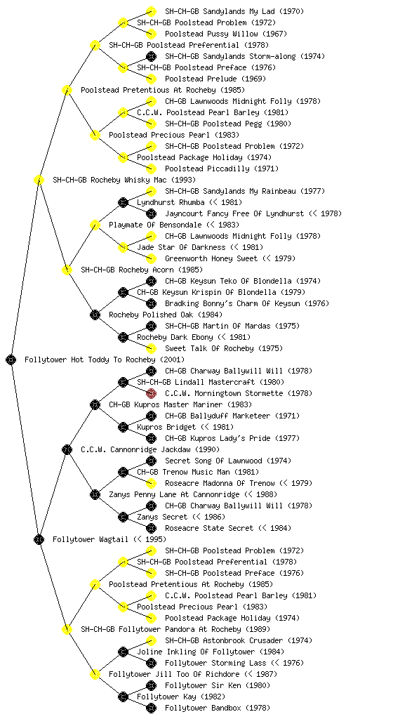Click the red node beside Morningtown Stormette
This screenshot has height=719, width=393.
click(151, 393)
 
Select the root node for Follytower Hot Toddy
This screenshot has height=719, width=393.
click(11, 359)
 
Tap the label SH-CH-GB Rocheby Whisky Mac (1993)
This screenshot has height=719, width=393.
click(124, 180)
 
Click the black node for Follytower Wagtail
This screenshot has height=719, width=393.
click(39, 539)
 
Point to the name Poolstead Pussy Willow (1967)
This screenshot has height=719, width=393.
click(226, 34)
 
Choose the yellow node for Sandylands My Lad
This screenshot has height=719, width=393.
click(151, 11)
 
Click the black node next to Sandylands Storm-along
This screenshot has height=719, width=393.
click(151, 56)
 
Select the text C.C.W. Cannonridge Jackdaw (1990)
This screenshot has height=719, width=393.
click(150, 449)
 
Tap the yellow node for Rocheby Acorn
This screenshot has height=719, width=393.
click(67, 270)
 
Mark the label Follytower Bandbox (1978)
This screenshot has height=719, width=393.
click(218, 708)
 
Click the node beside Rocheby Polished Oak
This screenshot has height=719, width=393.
click(95, 315)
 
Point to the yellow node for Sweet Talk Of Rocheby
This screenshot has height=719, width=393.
click(151, 348)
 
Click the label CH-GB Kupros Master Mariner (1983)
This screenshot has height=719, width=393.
click(180, 404)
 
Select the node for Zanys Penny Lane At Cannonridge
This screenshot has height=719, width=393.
click(95, 494)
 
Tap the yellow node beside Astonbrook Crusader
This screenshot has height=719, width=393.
click(151, 640)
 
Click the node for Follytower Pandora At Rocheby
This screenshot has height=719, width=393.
click(67, 629)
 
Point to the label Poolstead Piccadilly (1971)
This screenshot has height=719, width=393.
click(222, 169)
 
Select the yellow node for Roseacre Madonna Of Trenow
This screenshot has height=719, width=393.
click(151, 483)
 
